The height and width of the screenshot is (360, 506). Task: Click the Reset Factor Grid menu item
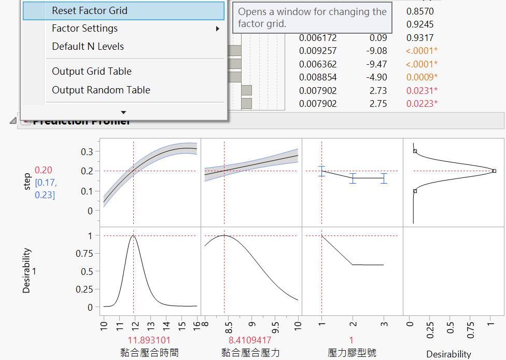pyautogui.click(x=89, y=11)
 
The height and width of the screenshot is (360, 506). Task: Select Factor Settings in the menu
pyautogui.click(x=85, y=29)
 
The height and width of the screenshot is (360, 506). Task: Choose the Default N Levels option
pyautogui.click(x=88, y=47)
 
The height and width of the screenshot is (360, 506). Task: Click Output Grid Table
pyautogui.click(x=91, y=72)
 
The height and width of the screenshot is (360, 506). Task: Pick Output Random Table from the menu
pyautogui.click(x=101, y=90)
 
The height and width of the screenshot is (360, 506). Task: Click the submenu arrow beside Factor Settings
pyautogui.click(x=218, y=29)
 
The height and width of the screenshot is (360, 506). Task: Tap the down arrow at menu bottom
pyautogui.click(x=123, y=112)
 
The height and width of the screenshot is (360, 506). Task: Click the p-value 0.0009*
pyautogui.click(x=421, y=77)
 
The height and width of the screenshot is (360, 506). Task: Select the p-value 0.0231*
pyautogui.click(x=421, y=91)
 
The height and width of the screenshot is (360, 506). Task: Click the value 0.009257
pyautogui.click(x=318, y=51)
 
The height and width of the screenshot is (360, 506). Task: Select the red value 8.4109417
pyautogui.click(x=249, y=340)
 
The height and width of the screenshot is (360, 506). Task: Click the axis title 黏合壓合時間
pyautogui.click(x=149, y=353)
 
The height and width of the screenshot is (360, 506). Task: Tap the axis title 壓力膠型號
pyautogui.click(x=352, y=353)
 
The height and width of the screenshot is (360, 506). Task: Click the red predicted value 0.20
pyautogui.click(x=43, y=170)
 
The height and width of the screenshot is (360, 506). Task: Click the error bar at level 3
pyautogui.click(x=384, y=178)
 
